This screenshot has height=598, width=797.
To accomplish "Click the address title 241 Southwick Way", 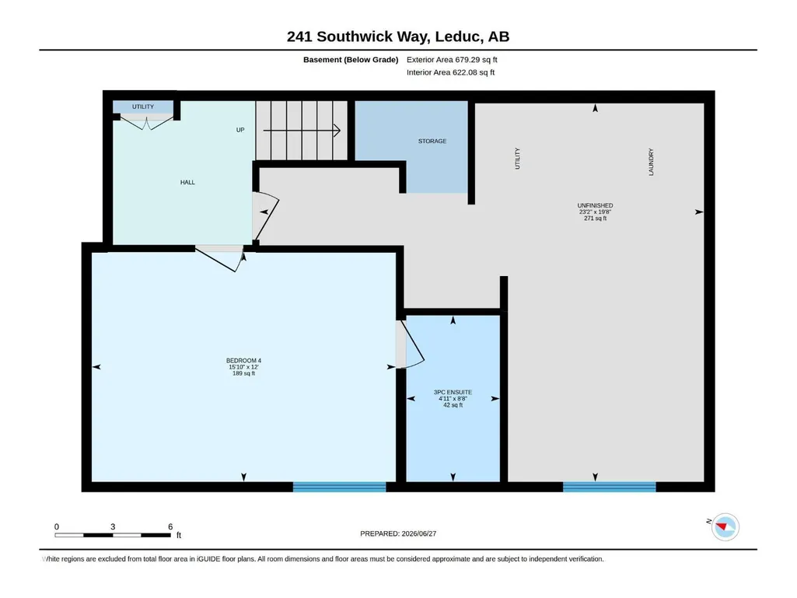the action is point(358,37).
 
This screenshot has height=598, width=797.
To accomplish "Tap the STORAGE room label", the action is point(432,141).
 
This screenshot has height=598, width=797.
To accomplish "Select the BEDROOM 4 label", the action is point(243,361).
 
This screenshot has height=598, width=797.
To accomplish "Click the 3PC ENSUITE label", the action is point(453,392).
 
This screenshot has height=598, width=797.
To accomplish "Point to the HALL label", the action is point(187,182).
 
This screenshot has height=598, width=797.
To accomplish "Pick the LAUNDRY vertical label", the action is point(651,163).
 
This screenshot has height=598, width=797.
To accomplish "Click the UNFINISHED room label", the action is point(595,205).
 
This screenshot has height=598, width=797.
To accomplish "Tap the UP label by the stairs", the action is point(240,130).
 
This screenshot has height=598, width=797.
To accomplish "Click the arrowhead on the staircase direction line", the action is point(337,131).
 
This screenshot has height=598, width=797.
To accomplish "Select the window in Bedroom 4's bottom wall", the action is point(340,487).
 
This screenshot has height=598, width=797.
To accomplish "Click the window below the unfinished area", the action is point(610,487).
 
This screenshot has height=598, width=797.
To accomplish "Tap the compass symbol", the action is point(725,526).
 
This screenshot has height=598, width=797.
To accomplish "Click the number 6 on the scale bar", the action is point(170,526).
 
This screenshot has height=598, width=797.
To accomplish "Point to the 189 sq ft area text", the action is point(243,373).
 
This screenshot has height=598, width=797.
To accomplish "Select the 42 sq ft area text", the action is point(453,405).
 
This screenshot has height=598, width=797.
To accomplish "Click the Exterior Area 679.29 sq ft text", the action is point(452,60).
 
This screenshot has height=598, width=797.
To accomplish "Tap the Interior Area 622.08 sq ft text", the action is point(450,72).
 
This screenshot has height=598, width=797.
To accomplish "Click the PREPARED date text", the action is point(398,533).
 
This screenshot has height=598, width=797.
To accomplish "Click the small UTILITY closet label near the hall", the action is point(143,107).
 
